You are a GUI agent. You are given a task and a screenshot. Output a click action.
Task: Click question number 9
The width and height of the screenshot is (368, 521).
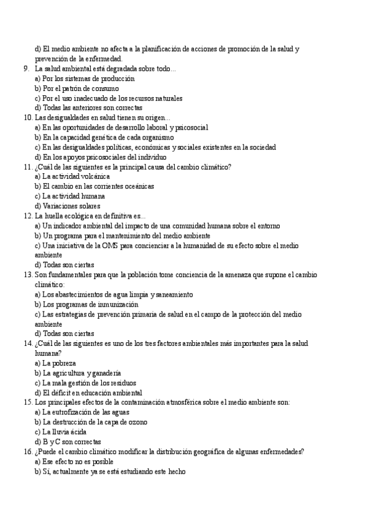click(x=26, y=69)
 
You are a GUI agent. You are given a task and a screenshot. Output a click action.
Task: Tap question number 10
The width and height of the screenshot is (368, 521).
click(x=28, y=118)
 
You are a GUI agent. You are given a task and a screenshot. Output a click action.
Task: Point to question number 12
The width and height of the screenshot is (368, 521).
click(x=28, y=216)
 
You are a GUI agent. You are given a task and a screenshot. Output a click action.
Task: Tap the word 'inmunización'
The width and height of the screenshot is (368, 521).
click(x=116, y=304)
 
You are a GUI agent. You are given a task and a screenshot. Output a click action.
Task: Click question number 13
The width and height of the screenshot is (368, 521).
click(x=28, y=275)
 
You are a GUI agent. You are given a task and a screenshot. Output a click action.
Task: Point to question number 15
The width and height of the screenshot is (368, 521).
click(x=28, y=402)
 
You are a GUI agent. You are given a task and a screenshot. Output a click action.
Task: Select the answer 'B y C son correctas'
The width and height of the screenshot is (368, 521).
click(x=68, y=442)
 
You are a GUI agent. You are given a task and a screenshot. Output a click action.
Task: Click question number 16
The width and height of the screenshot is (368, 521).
click(x=28, y=452)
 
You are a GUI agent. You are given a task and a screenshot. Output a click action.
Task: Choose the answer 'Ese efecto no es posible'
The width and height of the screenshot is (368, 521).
click(x=74, y=461)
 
